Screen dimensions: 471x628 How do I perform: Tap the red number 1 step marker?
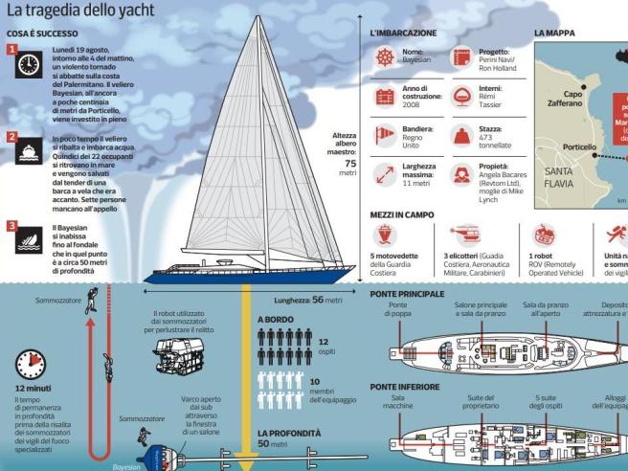pyautogui.click(x=12, y=49)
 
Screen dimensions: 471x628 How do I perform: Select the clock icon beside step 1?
pyautogui.click(x=30, y=65)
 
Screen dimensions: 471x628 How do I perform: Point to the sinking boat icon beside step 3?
pyautogui.click(x=30, y=239)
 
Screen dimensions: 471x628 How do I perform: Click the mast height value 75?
pyautogui.click(x=349, y=163)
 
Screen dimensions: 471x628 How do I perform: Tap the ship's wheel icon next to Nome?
pyautogui.click(x=385, y=57)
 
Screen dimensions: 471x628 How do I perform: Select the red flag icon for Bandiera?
pyautogui.click(x=385, y=134)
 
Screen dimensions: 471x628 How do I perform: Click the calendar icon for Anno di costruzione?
pyautogui.click(x=385, y=96)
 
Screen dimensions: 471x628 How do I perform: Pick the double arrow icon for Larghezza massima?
pyautogui.click(x=385, y=175)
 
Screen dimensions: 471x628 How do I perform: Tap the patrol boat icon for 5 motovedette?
pyautogui.click(x=386, y=235)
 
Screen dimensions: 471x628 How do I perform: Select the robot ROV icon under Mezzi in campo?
pyautogui.click(x=544, y=235)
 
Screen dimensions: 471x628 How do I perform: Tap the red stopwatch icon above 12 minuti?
pyautogui.click(x=31, y=365)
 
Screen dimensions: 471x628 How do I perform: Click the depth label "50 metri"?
pyautogui.click(x=273, y=444)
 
